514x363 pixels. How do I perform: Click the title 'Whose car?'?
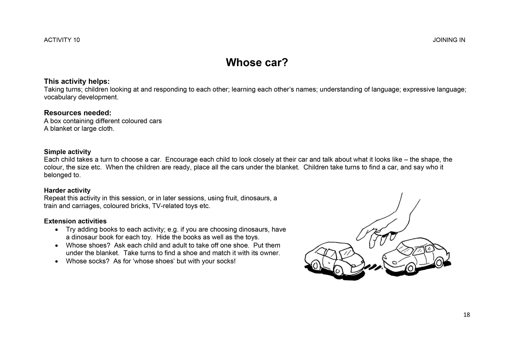click(257, 63)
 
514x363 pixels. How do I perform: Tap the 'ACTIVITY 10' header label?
click(62, 40)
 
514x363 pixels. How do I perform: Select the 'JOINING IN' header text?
click(449, 40)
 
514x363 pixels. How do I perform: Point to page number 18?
click(466, 315)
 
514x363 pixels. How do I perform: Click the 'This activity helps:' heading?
click(77, 81)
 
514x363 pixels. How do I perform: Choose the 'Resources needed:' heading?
click(77, 113)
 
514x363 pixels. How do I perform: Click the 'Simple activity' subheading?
click(67, 152)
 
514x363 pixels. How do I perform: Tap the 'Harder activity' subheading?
click(67, 190)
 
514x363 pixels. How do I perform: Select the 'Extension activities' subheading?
click(75, 221)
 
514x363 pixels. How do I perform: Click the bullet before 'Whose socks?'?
click(57, 261)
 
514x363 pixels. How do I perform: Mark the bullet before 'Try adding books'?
click(57, 230)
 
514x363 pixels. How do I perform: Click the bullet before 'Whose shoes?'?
click(57, 246)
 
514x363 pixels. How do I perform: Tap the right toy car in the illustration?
click(416, 256)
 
